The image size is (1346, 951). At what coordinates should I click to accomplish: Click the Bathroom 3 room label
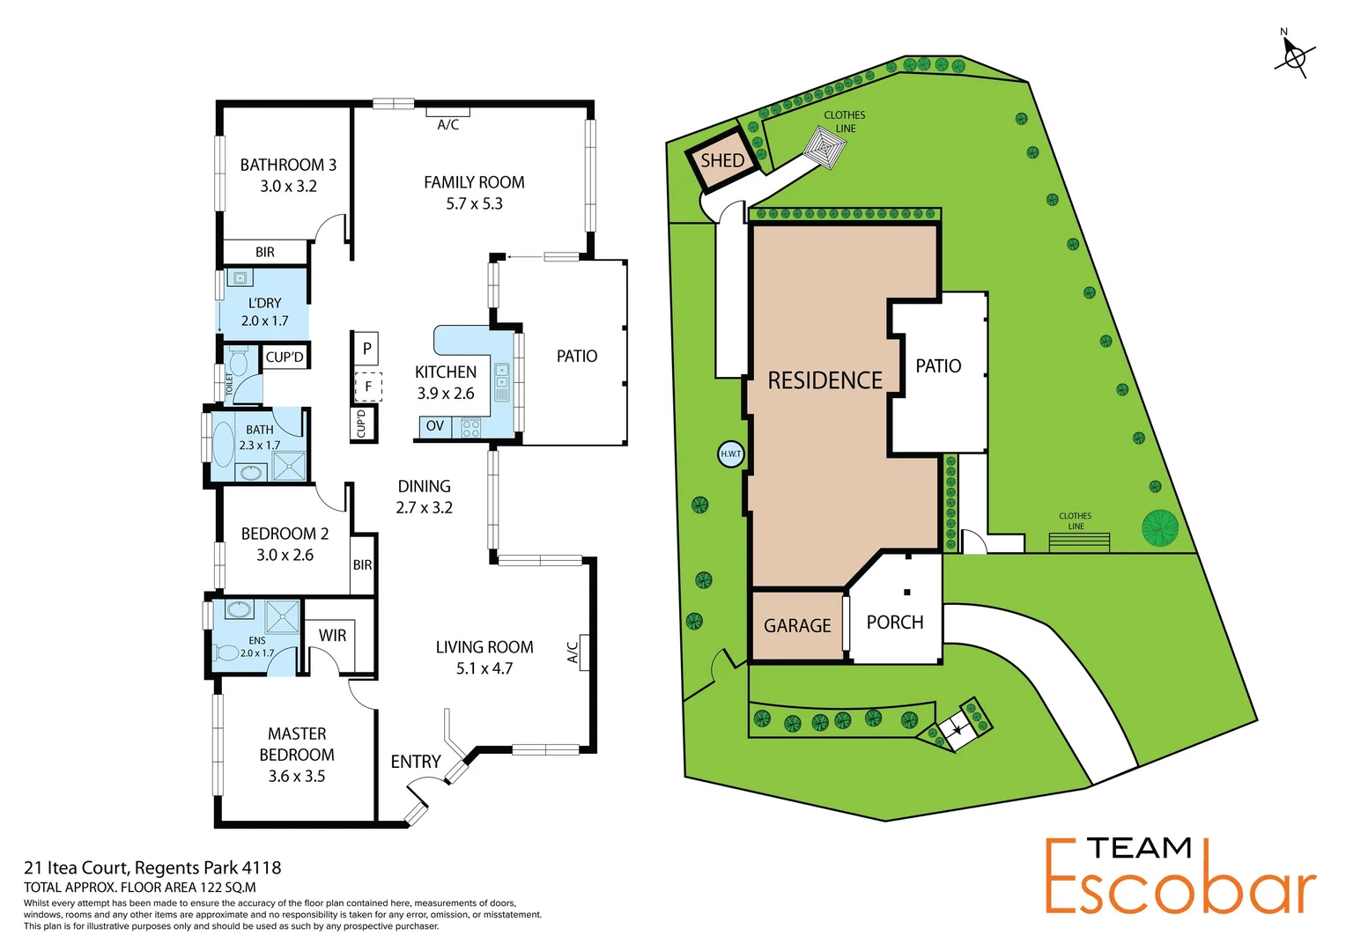pos(288,165)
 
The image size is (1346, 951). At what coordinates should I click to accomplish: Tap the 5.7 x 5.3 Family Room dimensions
pos(474,203)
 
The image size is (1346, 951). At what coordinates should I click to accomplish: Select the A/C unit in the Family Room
pos(447,113)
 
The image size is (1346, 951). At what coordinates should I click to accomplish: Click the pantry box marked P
pos(366,348)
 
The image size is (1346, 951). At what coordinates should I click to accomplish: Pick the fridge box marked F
pos(367,386)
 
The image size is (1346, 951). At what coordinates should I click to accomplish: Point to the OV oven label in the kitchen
pos(435,426)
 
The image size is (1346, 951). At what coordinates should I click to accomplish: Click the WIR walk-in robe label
pos(332,635)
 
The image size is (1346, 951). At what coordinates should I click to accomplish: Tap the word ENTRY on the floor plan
pos(416,762)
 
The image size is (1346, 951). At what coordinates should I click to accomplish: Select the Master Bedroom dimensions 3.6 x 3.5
pos(297,776)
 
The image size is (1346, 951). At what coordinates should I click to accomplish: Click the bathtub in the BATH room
pos(224,445)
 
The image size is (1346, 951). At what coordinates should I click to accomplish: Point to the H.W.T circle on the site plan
pos(731,454)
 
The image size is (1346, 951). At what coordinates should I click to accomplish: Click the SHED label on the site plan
pos(722,160)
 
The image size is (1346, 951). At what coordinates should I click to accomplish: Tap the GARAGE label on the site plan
pos(797,625)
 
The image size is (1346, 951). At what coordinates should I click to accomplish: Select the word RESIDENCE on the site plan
pos(825,380)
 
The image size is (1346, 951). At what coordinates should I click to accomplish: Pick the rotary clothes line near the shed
pos(826,148)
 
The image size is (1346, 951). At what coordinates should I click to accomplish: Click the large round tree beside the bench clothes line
pos(1160,527)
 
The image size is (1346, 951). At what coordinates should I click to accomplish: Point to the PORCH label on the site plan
pos(895,622)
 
